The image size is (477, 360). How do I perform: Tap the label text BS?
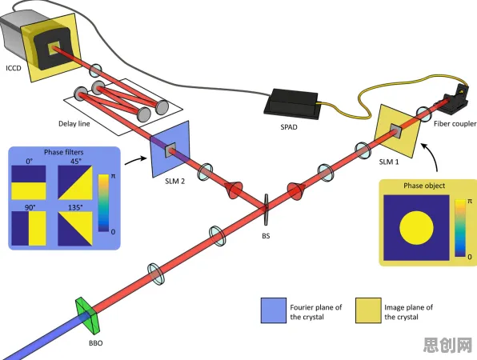click(x=266, y=236)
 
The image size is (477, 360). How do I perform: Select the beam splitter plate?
click(x=267, y=210)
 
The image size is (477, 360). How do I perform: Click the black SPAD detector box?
click(x=291, y=104)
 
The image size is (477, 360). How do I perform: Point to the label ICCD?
click(x=14, y=68)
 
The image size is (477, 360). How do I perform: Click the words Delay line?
click(x=74, y=124)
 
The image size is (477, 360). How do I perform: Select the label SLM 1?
click(x=389, y=162)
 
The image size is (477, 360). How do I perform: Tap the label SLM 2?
click(x=175, y=182)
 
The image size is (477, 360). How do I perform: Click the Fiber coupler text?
click(x=455, y=124)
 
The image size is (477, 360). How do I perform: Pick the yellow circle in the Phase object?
click(x=416, y=228)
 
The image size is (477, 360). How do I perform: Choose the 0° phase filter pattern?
click(x=29, y=182)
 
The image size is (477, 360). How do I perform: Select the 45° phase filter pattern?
click(x=75, y=182)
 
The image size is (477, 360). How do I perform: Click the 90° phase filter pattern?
click(x=29, y=228)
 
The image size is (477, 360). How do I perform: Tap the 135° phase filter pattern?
click(x=75, y=228)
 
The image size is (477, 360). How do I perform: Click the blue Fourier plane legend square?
click(x=274, y=310)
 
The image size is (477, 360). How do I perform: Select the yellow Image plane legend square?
click(x=368, y=310)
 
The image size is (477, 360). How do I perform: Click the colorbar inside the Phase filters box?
click(x=103, y=203)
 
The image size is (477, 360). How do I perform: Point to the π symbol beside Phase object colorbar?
click(x=470, y=202)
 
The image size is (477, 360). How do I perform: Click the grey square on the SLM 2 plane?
click(x=170, y=150)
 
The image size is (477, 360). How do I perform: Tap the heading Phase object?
click(x=424, y=186)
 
